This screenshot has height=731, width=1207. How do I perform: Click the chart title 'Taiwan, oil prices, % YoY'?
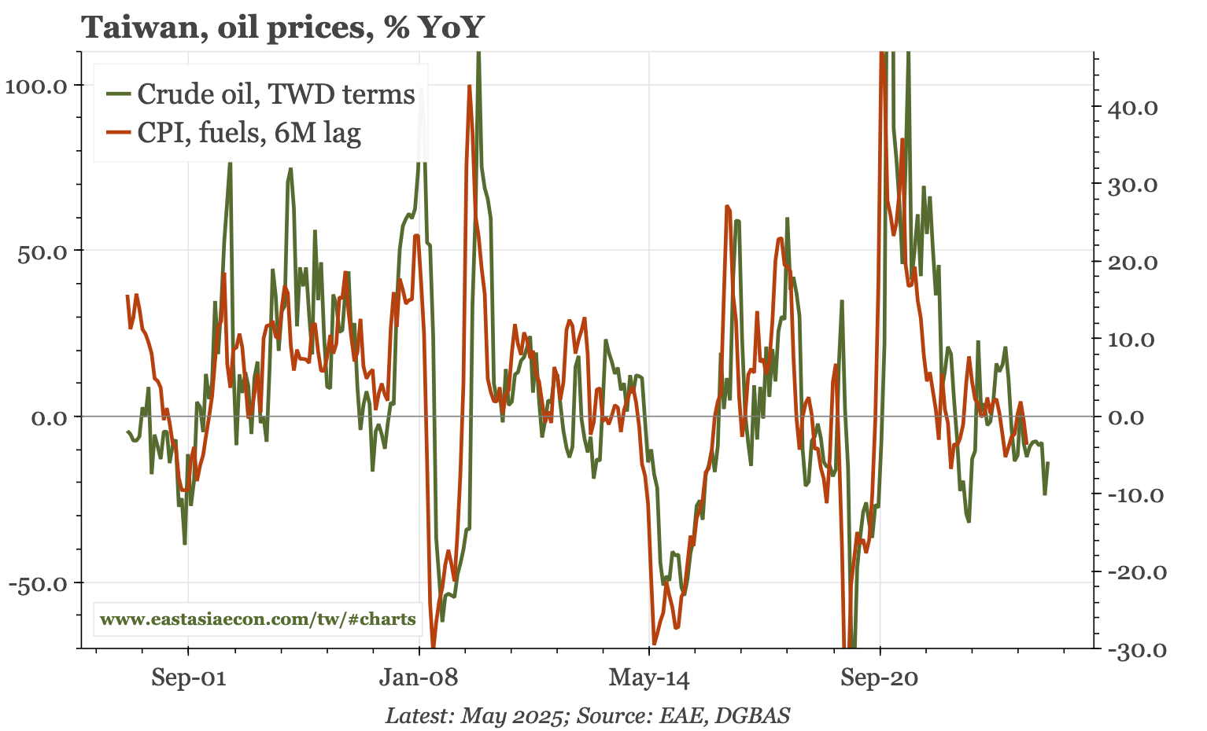(282, 28)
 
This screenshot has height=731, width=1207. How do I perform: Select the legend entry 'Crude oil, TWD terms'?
(275, 94)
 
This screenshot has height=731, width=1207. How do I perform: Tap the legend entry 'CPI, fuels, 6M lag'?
(249, 133)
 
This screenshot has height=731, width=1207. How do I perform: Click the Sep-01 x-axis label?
(189, 678)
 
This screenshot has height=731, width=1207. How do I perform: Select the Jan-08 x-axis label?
(419, 678)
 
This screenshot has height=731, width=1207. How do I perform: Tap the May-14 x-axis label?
(649, 678)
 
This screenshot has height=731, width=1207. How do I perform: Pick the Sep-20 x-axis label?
(880, 678)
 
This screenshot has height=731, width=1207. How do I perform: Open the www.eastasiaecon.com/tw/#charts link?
(258, 619)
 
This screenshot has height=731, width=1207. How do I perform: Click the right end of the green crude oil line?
(1048, 463)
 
